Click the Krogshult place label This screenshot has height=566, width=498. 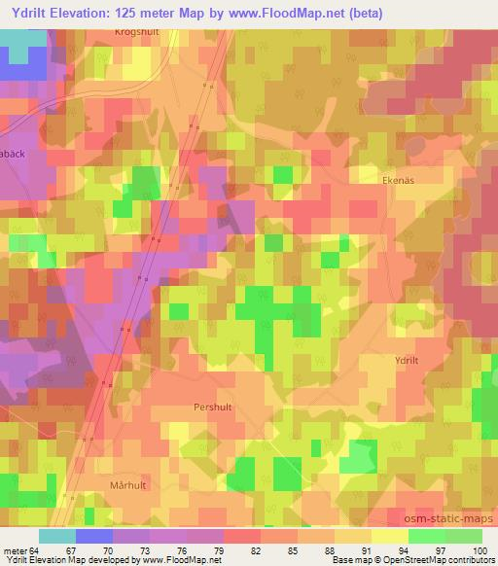(136, 31)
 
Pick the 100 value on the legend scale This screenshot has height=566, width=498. (481, 550)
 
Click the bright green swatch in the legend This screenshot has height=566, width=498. (425, 536)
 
